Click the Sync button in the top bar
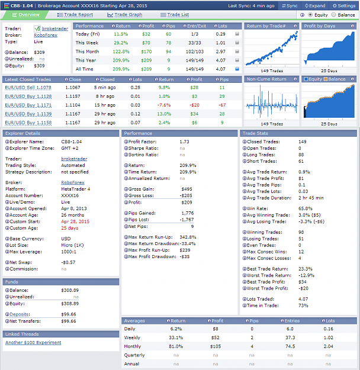tap(290, 6)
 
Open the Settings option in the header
tap(344, 6)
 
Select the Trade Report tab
tap(75, 15)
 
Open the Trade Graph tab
tap(125, 15)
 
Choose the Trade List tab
tap(175, 15)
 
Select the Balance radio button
tap(333, 15)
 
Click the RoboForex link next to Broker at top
tap(46, 35)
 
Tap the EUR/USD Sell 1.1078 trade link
tap(28, 88)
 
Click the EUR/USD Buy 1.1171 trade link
tap(28, 105)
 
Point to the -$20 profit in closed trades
tap(195, 105)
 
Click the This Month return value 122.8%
tap(121, 52)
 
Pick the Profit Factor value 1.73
tap(184, 141)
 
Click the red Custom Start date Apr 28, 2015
tap(75, 221)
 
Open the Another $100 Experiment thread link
tap(33, 342)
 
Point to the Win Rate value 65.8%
tap(306, 208)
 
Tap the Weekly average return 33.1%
tap(176, 337)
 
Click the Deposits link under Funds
tap(20, 314)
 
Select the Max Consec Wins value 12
tap(301, 252)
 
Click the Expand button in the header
tap(315, 6)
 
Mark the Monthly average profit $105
tap(216, 346)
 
